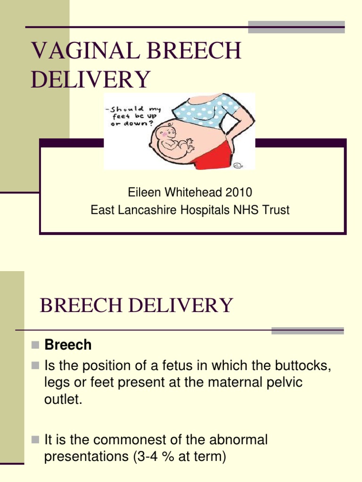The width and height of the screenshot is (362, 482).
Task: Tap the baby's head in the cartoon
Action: (167, 134)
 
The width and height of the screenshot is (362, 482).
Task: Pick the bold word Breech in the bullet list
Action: (68, 345)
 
